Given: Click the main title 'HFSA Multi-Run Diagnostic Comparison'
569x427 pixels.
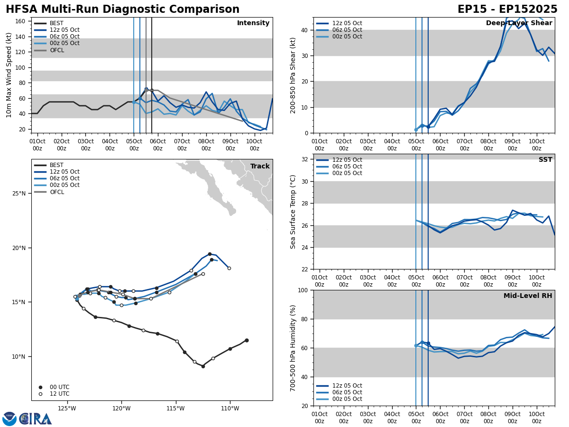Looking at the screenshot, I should [x=122, y=9].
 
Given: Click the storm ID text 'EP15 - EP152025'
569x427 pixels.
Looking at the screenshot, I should [x=507, y=9].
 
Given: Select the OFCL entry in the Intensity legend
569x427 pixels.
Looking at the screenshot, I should [x=57, y=50].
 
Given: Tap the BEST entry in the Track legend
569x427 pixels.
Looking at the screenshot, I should [x=56, y=166].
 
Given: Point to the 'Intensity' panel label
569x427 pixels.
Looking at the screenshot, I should [x=253, y=23].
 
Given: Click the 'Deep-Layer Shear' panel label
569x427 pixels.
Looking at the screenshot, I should [x=519, y=23].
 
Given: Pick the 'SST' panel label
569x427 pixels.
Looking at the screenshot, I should [x=545, y=160].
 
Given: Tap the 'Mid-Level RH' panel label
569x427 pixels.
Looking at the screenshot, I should [x=528, y=296].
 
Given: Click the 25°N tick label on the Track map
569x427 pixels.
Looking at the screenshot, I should [x=18, y=194].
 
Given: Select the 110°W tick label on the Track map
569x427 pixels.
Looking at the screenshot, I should [x=229, y=408].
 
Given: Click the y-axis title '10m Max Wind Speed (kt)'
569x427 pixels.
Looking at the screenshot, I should [x=9, y=75].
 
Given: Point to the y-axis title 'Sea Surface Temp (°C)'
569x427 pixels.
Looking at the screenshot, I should [x=293, y=212].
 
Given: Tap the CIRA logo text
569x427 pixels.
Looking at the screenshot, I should [x=36, y=419].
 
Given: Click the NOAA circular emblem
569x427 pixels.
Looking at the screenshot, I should [x=9, y=419].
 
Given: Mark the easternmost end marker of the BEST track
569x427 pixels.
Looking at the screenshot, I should [x=247, y=340].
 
